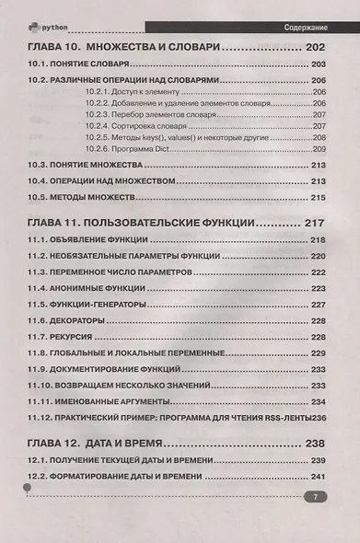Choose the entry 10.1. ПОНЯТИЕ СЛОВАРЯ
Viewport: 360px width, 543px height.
pos(78,64)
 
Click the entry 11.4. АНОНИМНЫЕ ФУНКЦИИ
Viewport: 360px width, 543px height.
pos(88,288)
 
